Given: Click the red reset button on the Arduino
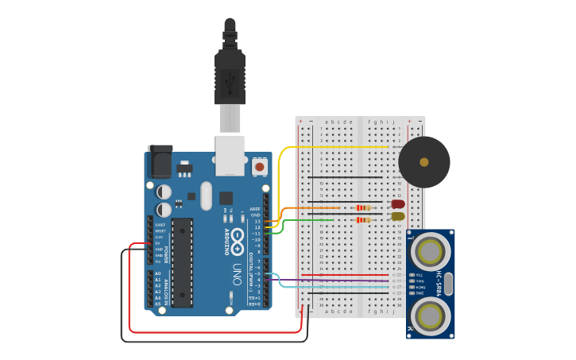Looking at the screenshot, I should click(x=259, y=167).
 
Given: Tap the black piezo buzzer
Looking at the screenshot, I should click(x=423, y=162).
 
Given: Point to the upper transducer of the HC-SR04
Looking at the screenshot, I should click(x=430, y=252).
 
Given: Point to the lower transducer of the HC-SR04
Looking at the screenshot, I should click(x=430, y=315).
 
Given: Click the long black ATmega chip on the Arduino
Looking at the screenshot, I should click(x=182, y=262).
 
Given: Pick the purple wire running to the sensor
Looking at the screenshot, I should click(x=334, y=281).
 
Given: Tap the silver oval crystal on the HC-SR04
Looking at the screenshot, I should click(x=447, y=283).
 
